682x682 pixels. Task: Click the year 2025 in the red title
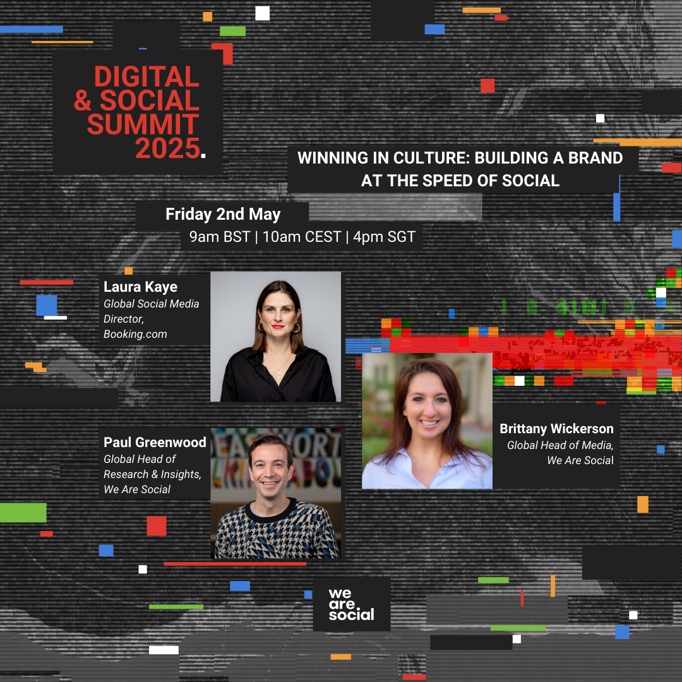167,148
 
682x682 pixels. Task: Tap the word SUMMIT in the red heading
143,124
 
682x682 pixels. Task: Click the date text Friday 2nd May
223,214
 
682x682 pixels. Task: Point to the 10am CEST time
302,237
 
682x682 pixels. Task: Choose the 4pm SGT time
385,237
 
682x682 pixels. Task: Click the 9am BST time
220,237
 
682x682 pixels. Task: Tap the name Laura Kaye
140,287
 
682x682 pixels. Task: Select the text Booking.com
135,334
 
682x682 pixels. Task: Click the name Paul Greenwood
155,442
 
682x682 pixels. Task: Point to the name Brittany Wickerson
556,429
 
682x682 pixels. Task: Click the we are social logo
352,604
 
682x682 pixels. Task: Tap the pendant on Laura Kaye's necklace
278,372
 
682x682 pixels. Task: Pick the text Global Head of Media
560,445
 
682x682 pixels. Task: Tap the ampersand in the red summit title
83,100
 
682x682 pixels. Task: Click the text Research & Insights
152,474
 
